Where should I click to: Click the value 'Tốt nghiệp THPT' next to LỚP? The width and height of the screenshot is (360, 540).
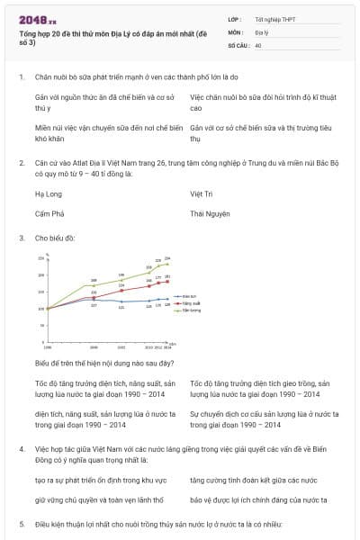[x=274, y=19]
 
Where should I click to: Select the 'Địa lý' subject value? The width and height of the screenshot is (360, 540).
[x=262, y=31]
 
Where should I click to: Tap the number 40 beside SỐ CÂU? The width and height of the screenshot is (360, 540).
[x=258, y=44]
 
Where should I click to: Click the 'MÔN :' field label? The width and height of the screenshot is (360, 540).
[x=237, y=31]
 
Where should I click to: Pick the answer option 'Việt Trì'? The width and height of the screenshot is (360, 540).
[x=202, y=193]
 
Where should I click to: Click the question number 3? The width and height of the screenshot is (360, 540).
[x=21, y=238]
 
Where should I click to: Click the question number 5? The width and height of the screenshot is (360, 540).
[x=21, y=523]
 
